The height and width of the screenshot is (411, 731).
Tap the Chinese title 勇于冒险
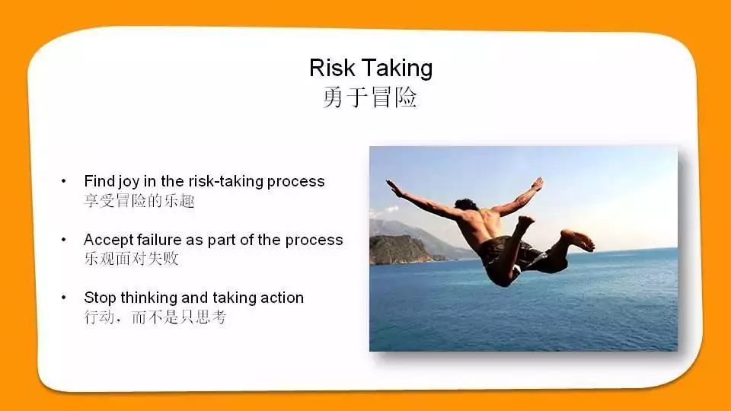[x=370, y=98]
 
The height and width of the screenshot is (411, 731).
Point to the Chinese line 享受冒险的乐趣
[x=139, y=201]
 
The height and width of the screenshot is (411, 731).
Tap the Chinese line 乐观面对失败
[x=132, y=259]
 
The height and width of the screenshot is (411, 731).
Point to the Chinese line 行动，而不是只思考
[x=155, y=317]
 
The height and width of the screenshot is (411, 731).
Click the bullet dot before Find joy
[x=64, y=181]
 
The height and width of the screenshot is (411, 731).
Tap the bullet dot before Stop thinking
[x=64, y=298]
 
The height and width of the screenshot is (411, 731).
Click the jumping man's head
[x=466, y=205]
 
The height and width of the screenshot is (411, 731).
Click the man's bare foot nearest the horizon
[x=581, y=241]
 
